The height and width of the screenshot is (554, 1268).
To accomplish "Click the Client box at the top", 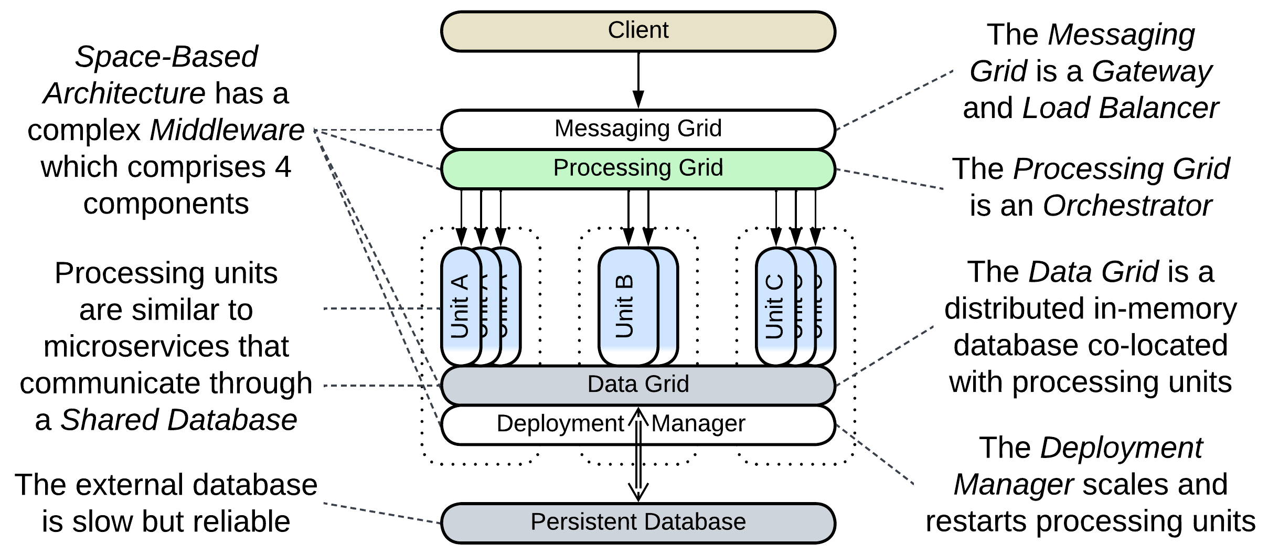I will [x=637, y=31].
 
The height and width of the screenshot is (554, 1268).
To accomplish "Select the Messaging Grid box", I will [x=637, y=129].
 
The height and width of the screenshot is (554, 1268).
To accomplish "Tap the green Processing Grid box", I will [x=637, y=168].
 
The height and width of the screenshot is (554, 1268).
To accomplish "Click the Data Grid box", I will [x=637, y=384].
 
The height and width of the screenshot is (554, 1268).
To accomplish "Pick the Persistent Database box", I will [x=637, y=523].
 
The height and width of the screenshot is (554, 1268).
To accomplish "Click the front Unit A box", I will [x=460, y=306].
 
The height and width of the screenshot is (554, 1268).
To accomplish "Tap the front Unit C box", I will [x=775, y=306].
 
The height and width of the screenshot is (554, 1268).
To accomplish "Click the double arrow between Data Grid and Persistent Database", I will [x=638, y=462].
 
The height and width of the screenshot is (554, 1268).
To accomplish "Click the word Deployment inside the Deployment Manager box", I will [x=559, y=424].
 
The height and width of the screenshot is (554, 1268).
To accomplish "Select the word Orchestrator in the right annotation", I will [x=1127, y=206].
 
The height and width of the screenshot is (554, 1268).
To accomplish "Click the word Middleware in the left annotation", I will [x=227, y=130].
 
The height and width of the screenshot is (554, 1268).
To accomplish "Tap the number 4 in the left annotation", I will [x=283, y=167].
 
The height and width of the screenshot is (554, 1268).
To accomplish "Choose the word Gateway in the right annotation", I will [x=1152, y=71].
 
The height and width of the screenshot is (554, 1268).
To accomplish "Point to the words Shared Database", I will [x=178, y=420].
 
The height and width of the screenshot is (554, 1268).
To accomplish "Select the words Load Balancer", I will [x=1120, y=109].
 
